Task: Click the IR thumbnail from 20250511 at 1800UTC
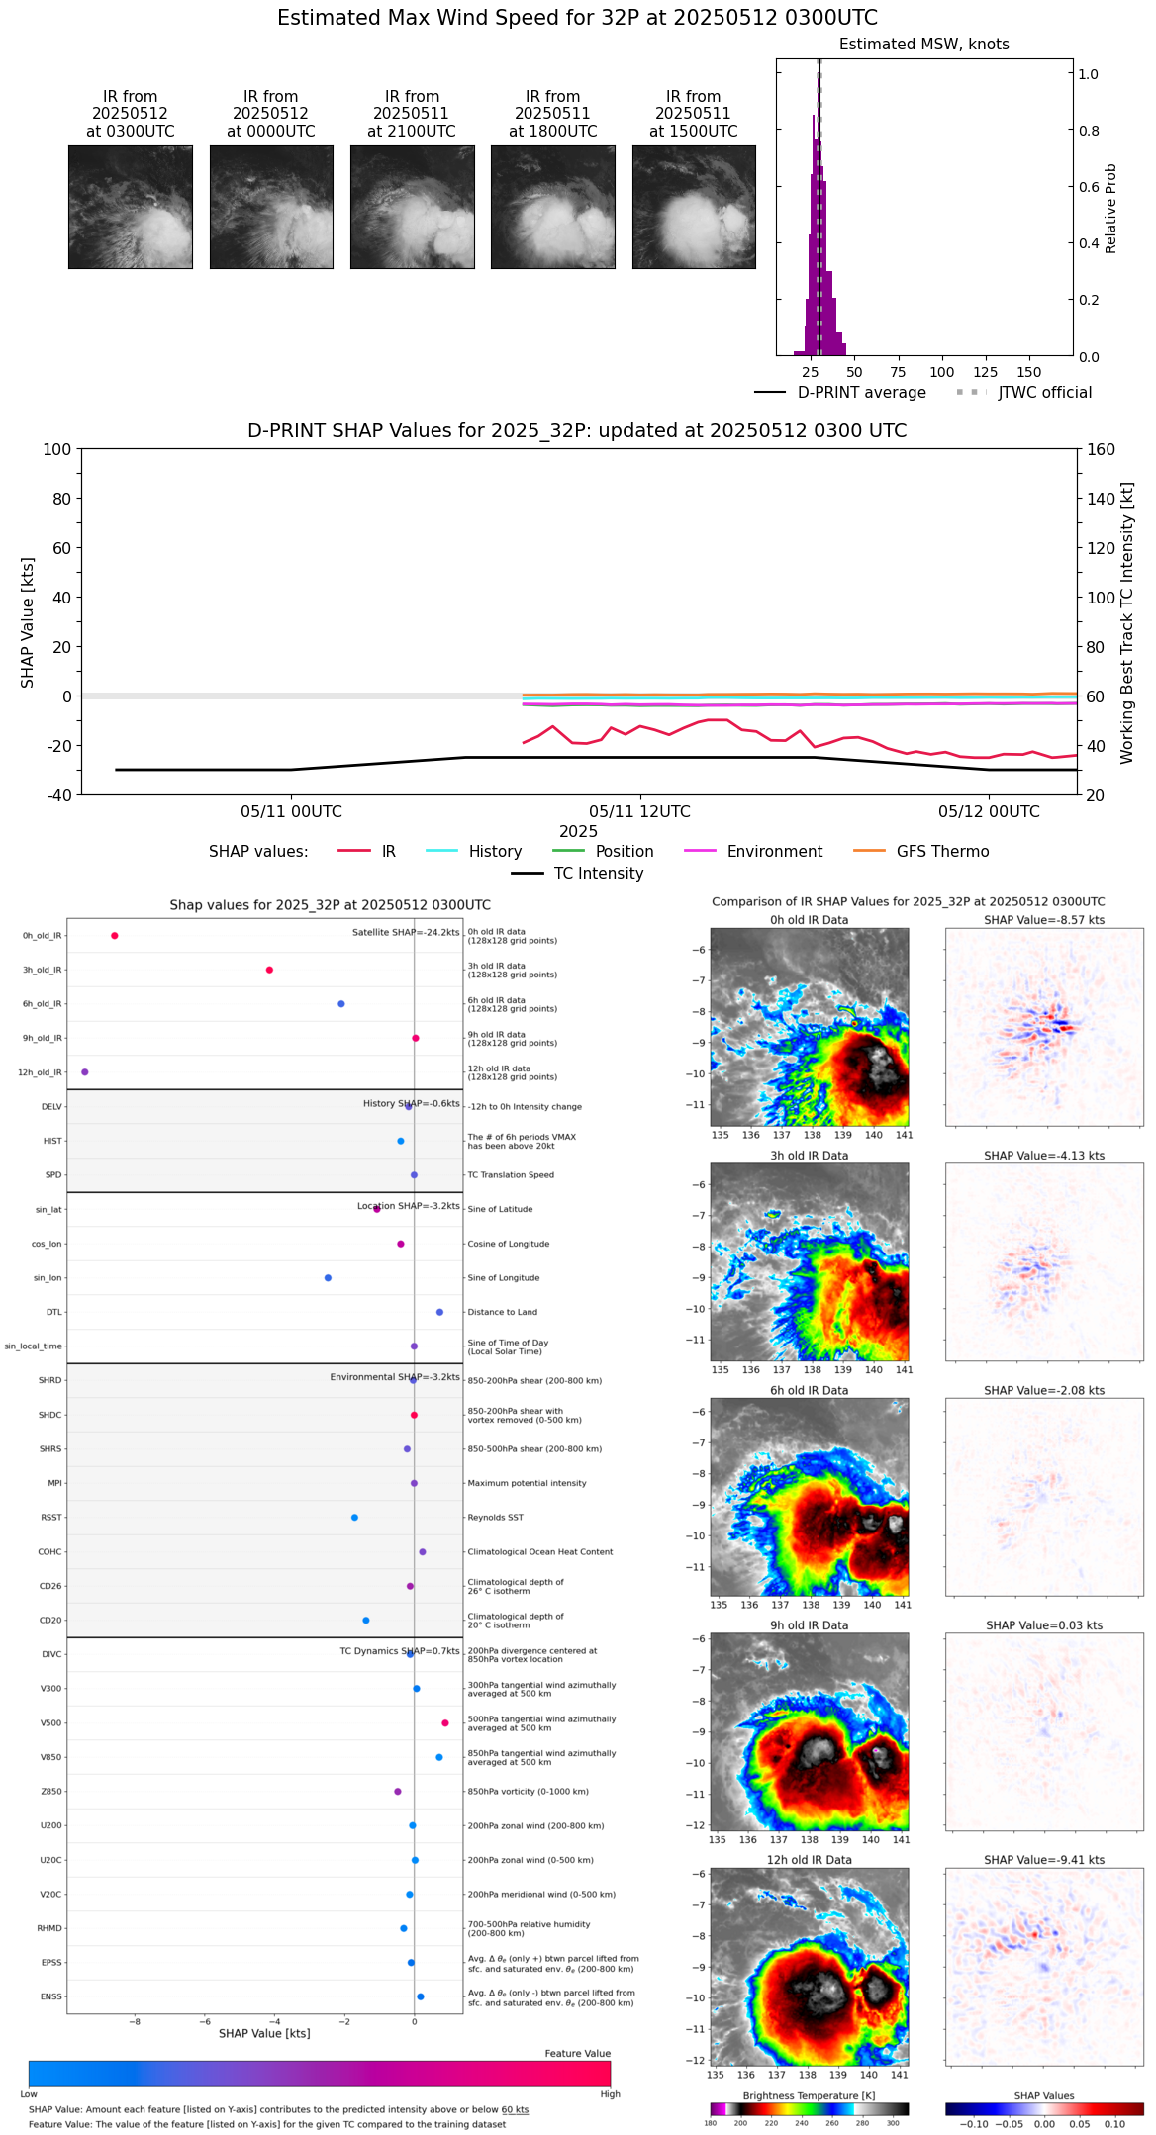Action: (552, 207)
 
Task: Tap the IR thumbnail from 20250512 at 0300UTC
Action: (131, 207)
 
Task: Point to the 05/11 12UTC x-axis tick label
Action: (639, 812)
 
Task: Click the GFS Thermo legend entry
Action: (942, 852)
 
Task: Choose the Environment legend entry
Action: (774, 852)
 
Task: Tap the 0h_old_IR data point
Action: (115, 936)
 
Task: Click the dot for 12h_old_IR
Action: (85, 1072)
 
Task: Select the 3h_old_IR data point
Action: (269, 970)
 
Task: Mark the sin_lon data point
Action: (328, 1278)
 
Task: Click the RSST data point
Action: (354, 1518)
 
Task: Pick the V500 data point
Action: (445, 1723)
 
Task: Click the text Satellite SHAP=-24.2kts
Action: (406, 933)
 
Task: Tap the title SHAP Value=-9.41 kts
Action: (1044, 1860)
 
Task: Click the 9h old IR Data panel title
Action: (809, 1625)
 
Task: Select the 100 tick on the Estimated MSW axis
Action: (942, 373)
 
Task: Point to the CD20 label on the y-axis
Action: (50, 1621)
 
